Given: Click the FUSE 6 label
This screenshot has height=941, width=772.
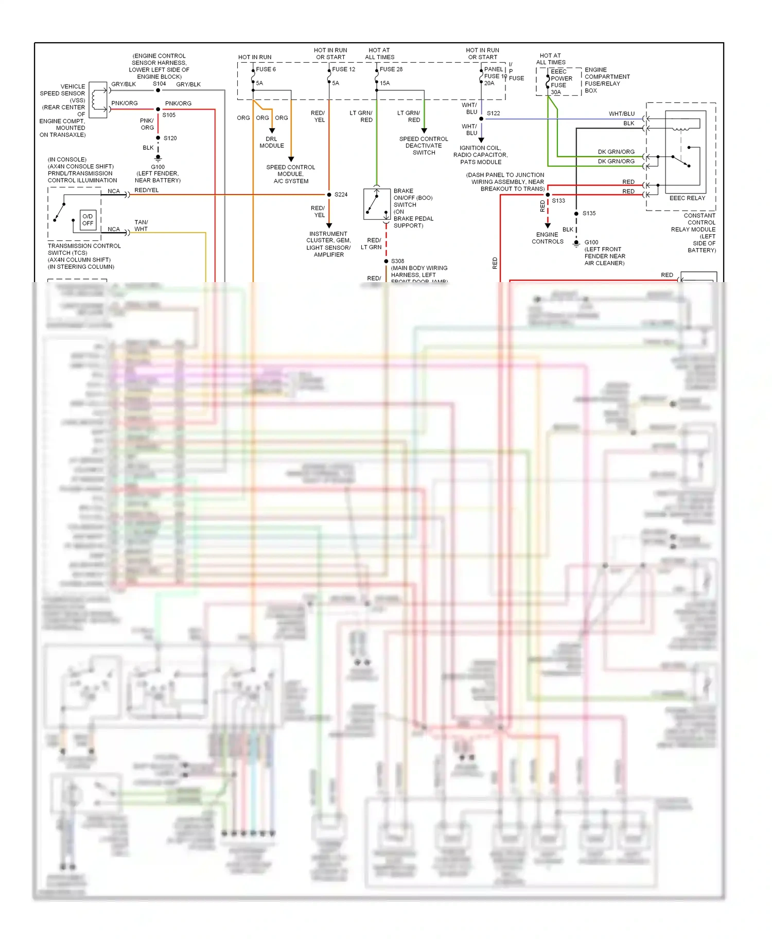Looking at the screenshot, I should [266, 69].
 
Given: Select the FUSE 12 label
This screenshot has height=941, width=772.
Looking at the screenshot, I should [343, 69].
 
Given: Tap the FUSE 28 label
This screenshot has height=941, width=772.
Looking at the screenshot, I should [391, 69].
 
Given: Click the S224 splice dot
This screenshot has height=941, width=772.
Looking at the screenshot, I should [329, 195].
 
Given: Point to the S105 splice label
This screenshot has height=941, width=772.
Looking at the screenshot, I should [169, 115].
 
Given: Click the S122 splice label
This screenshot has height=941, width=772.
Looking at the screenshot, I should [493, 113].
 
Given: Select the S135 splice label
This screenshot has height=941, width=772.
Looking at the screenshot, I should [589, 213].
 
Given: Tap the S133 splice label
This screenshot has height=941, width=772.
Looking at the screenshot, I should [558, 201].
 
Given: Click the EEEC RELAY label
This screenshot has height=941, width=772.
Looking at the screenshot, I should [687, 198].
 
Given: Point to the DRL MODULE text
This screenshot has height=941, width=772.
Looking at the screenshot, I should [272, 143].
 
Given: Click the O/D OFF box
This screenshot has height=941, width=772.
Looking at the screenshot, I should [88, 220].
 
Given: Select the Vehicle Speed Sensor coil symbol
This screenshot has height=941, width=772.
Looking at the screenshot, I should [97, 100].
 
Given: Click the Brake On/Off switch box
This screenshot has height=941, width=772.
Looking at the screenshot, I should [377, 204].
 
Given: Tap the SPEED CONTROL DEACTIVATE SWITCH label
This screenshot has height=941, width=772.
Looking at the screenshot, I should [424, 146].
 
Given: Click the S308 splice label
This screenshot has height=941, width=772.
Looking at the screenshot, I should [397, 261].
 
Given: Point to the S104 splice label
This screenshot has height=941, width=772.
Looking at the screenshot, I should [159, 84].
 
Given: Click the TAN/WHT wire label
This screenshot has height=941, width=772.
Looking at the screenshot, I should [141, 225].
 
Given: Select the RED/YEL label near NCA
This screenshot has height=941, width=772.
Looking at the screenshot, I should [147, 190].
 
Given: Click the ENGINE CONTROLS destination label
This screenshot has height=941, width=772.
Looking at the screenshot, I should [548, 238].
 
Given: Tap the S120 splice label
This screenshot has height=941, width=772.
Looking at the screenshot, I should [170, 138].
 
